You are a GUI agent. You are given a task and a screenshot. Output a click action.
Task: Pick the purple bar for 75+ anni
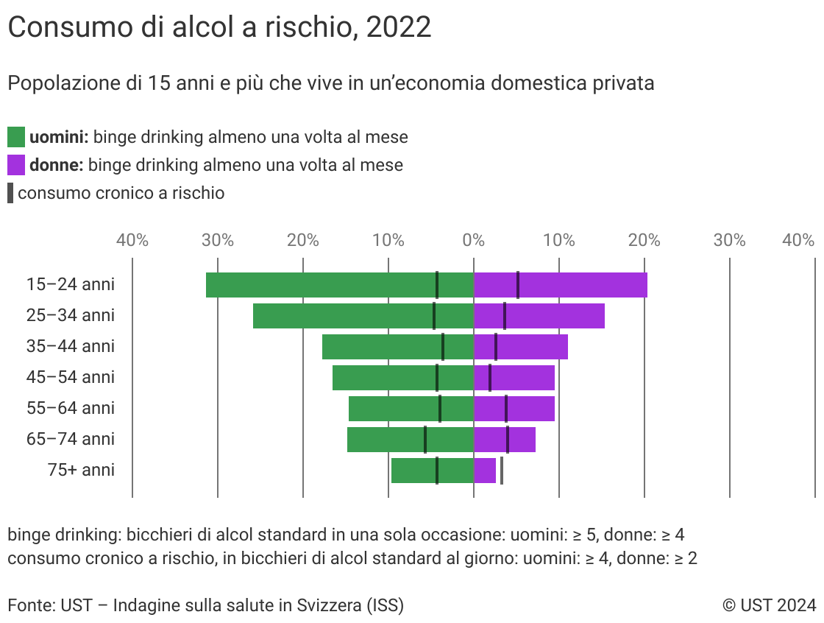[485, 471]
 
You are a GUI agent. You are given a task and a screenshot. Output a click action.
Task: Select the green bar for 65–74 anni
[383, 440]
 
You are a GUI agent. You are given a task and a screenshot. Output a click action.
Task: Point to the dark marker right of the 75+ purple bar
[502, 471]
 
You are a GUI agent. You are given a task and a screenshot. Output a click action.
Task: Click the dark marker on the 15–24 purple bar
[518, 285]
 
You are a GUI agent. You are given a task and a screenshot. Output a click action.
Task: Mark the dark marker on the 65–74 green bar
[425, 440]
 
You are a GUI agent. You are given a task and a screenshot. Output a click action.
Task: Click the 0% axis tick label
[474, 240]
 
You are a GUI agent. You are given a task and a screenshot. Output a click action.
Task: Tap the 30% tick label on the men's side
[218, 240]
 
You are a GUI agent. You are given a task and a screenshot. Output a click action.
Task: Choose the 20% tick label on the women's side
[644, 240]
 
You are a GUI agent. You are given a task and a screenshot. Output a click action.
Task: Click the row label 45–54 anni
[71, 377]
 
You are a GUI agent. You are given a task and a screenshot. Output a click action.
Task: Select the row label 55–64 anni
[71, 408]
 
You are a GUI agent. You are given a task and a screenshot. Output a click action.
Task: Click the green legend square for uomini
[16, 137]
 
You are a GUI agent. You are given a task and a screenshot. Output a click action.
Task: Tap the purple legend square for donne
[16, 164]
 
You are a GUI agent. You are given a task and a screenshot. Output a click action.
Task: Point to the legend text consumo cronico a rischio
[121, 193]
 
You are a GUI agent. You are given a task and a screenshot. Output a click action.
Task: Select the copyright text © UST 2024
[769, 605]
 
